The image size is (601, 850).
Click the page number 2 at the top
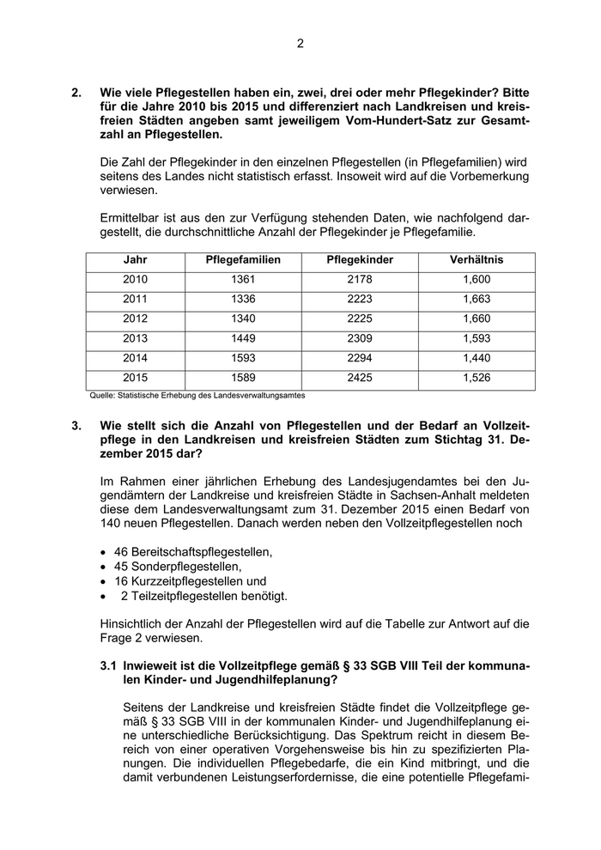(300, 44)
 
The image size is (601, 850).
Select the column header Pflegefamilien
(243, 260)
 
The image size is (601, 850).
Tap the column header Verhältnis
(476, 260)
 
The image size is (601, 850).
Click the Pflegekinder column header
(361, 260)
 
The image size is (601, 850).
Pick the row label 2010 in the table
(135, 280)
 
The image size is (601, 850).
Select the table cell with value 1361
(243, 280)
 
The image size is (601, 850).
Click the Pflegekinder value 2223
(361, 300)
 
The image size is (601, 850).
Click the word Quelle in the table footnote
(102, 396)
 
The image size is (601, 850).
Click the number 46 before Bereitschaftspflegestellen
(120, 551)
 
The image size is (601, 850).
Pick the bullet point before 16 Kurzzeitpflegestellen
(104, 581)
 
